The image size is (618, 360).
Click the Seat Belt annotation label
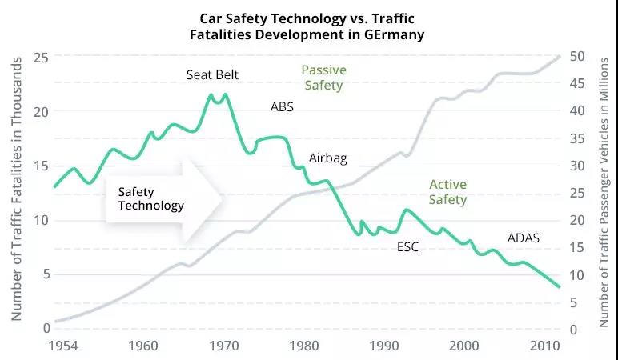[212, 75]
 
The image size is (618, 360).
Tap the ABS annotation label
[282, 106]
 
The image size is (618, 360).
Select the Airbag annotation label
[328, 158]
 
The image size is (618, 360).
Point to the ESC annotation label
[407, 247]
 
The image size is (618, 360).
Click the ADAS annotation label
[524, 238]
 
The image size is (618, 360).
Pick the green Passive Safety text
[323, 77]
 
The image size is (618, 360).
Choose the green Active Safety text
[447, 192]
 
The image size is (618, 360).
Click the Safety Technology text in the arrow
[150, 198]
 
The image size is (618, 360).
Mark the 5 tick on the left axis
[45, 274]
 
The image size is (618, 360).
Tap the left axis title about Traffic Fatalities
[15, 192]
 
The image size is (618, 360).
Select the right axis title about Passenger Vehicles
[605, 192]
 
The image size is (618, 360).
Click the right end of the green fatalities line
[560, 286]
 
